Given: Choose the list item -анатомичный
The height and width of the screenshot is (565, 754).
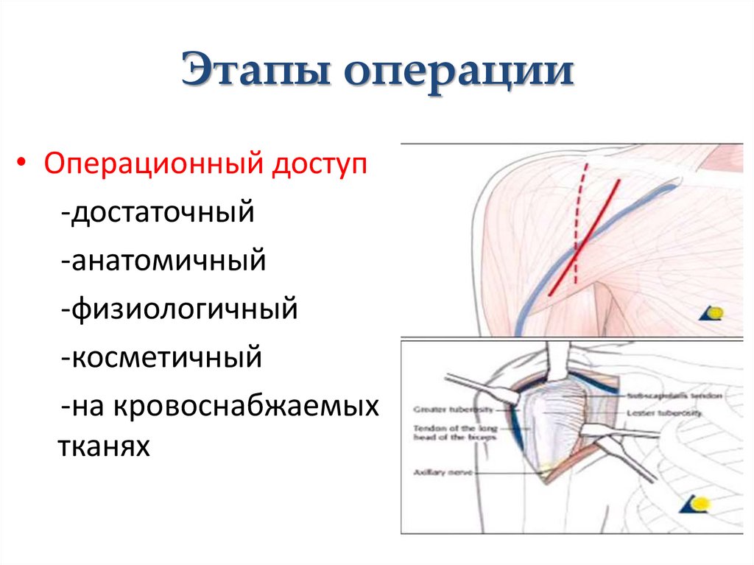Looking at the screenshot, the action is click(163, 261).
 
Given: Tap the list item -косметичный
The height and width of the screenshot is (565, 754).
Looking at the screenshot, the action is click(162, 358).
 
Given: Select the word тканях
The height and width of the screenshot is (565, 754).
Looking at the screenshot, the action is click(103, 446).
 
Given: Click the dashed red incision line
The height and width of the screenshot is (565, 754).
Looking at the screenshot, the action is click(580, 214).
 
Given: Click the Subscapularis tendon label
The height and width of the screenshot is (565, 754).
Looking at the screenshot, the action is click(674, 396).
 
